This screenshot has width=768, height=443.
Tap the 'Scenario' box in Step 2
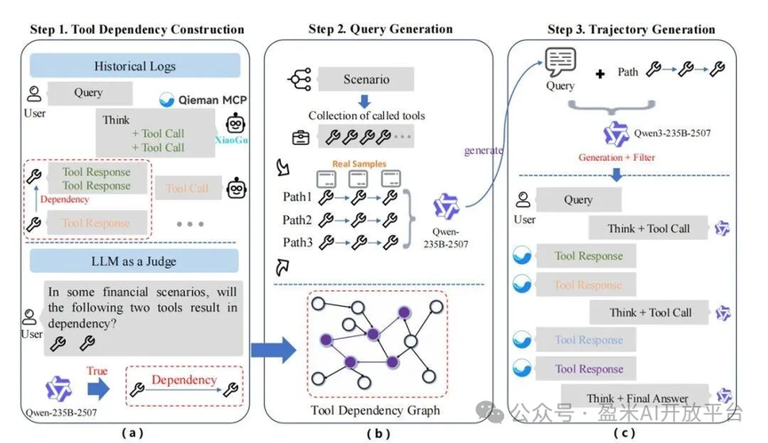(366, 80)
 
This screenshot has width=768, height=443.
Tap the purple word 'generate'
(483, 150)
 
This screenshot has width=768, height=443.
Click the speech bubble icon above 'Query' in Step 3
(561, 63)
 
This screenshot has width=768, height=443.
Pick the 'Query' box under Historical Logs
(89, 92)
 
